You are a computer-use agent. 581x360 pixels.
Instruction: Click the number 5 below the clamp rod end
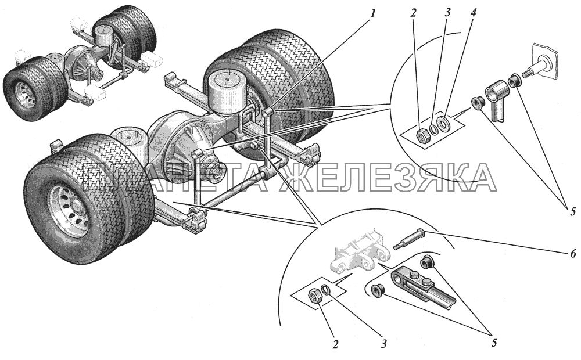(x=494, y=343)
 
